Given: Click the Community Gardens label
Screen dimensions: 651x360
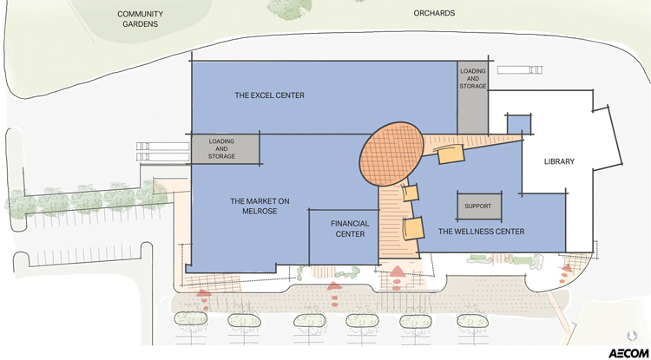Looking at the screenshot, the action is coord(140,19).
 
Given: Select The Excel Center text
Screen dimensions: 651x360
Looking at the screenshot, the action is coord(269,95).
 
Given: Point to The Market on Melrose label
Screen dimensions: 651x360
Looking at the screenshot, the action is coord(260,206).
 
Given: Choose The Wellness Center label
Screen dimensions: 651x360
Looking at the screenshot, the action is coord(481,232).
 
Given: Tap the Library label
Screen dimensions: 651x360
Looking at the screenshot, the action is coord(559,161).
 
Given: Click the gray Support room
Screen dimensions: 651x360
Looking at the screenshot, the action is coord(479,206).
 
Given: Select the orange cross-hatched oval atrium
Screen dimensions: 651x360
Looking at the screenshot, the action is coord(391,154).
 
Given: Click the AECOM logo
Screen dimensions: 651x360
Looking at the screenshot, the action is coord(628,353).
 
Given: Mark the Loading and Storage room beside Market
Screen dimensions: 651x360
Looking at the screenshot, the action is coord(226,149).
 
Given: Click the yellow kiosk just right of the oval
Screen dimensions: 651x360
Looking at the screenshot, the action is coord(450,154).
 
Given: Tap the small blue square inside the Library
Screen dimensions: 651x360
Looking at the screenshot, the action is coord(519,124).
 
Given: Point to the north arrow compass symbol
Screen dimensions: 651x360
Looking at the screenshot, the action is coord(632,335).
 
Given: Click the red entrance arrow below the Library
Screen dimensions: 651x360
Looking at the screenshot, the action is coord(567,267).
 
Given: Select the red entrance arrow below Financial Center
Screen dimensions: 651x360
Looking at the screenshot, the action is coord(334,285).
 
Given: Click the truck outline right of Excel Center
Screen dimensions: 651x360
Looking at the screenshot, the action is coord(519,69).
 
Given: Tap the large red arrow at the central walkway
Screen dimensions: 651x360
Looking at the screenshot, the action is coord(398,272).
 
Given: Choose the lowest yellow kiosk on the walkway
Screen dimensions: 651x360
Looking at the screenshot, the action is coord(413,228).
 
